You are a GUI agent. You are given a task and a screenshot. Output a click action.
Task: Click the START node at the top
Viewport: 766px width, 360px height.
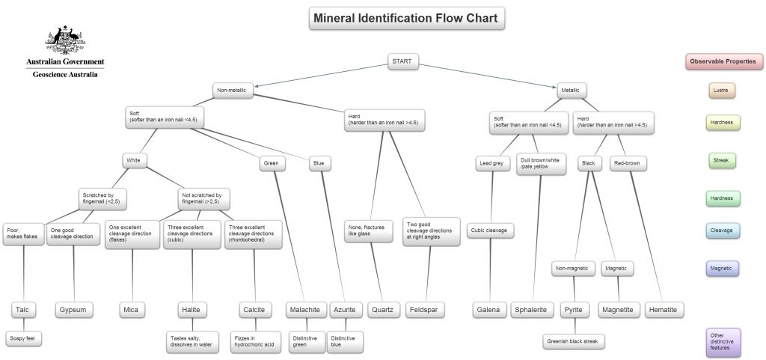coord(403,61)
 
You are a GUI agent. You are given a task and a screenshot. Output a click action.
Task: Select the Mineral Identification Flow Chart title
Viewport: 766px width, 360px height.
coord(408,18)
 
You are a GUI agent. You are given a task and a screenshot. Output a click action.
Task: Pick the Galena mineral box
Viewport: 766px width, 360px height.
coord(488,309)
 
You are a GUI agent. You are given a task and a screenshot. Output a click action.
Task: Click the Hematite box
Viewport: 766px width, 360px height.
coord(663,309)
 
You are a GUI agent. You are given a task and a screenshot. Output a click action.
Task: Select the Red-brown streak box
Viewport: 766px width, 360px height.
coord(629,162)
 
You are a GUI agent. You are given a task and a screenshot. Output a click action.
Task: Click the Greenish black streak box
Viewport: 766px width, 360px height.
coord(573,341)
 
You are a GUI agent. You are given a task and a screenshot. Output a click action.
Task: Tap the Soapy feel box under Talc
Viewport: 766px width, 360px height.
coord(22,338)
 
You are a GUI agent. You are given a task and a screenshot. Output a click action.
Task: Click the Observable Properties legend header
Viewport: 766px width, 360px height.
coord(722,61)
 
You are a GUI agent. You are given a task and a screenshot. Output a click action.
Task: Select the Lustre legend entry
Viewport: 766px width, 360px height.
coord(722,90)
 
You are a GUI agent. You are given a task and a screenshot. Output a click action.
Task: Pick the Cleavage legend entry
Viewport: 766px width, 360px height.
coord(722,230)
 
